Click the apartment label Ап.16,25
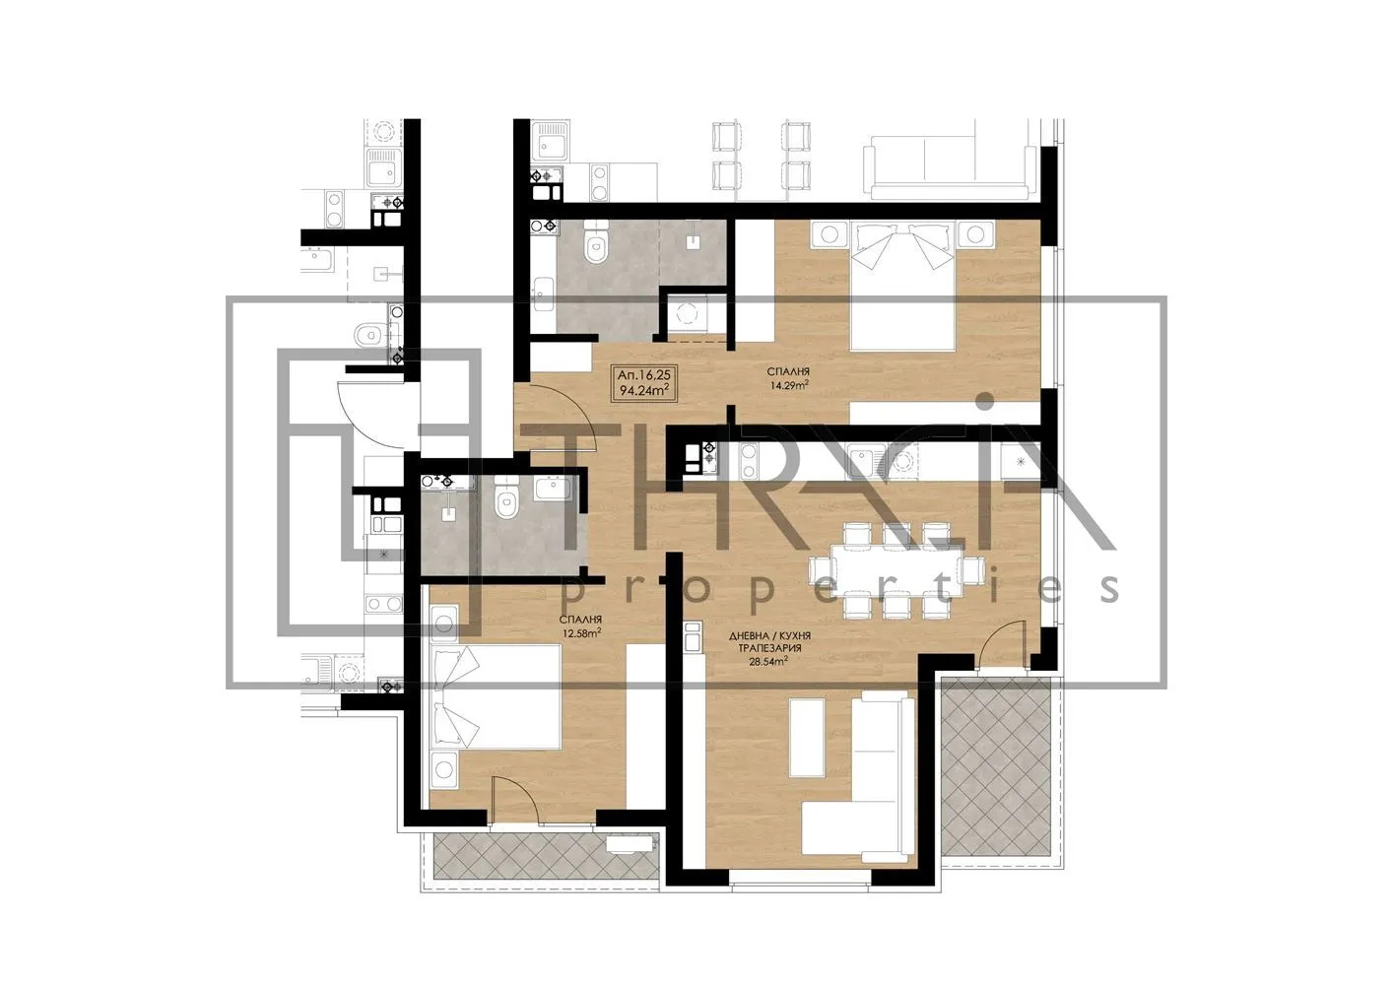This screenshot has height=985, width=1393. point(643,374)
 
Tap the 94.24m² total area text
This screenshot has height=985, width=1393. point(643,390)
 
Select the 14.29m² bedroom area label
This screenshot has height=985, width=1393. point(789,386)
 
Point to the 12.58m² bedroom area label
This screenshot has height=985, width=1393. point(580,633)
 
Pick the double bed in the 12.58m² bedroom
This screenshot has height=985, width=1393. point(494,710)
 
